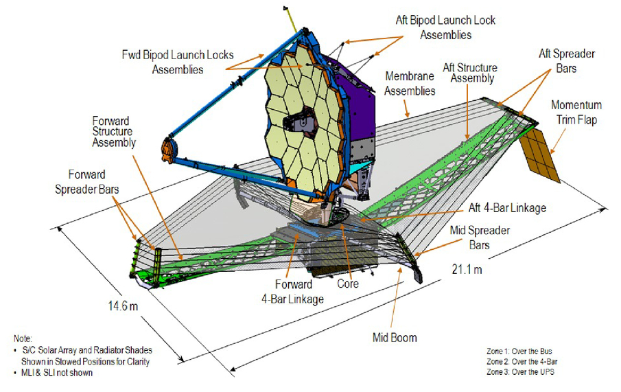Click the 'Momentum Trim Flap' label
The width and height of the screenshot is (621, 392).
pos(576,111)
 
